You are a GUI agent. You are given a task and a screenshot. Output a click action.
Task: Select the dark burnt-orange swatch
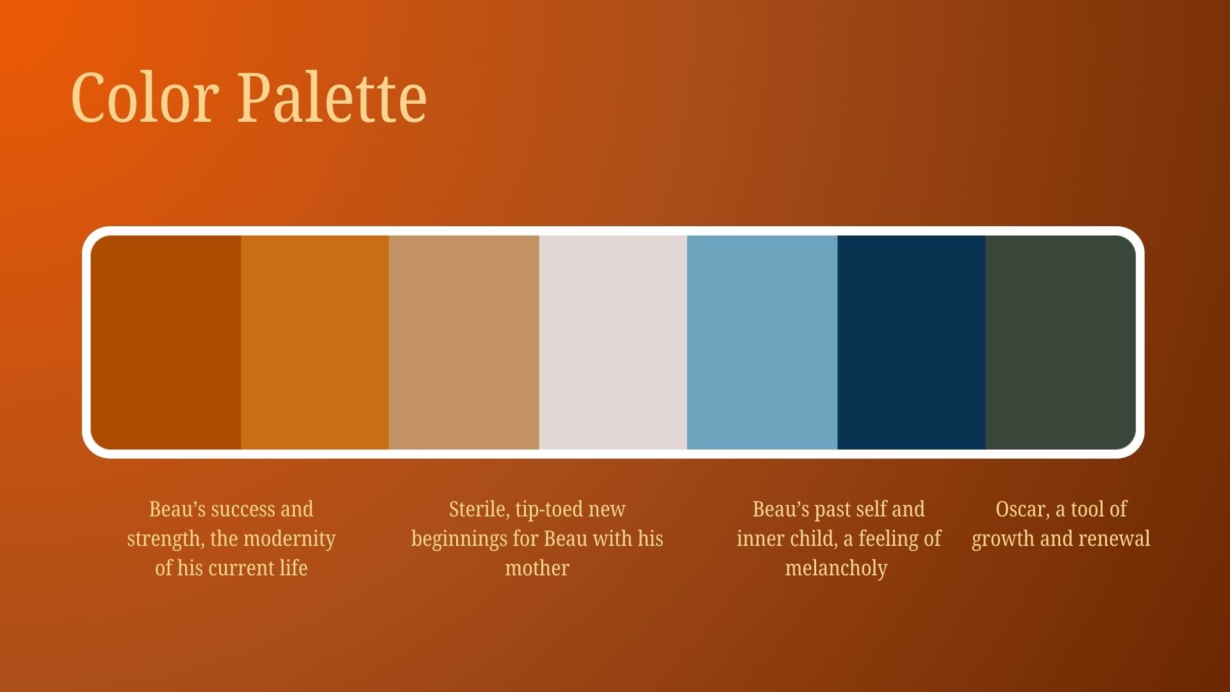[x=166, y=342]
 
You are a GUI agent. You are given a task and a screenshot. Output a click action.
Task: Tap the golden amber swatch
[x=315, y=342]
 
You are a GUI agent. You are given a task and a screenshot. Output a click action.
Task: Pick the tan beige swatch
[x=464, y=342]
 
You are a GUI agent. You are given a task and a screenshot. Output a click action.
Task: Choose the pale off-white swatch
[x=613, y=342]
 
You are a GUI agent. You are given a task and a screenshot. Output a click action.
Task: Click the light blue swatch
[x=762, y=342]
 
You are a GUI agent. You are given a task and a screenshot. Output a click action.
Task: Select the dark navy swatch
[x=912, y=342]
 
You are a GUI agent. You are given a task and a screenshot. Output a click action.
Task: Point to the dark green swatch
[x=1061, y=342]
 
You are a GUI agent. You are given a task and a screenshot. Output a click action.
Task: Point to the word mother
[x=537, y=568]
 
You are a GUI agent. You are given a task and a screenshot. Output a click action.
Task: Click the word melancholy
[x=836, y=569]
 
